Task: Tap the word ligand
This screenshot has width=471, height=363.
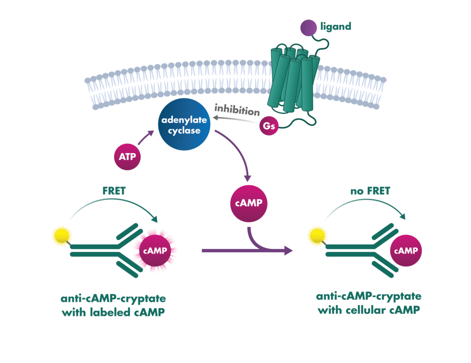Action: click(337, 27)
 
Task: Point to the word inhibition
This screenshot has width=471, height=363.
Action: click(237, 111)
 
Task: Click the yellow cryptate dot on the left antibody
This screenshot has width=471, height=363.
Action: click(61, 235)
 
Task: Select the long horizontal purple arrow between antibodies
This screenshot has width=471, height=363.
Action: click(245, 251)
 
